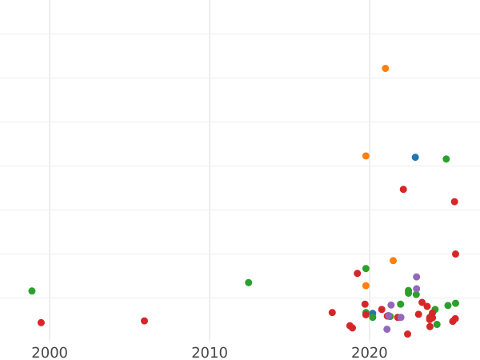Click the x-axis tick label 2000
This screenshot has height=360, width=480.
click(x=49, y=352)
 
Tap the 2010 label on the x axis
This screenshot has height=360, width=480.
click(x=209, y=352)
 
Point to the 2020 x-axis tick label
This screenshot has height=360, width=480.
click(x=369, y=352)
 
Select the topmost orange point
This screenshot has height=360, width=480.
click(x=385, y=69)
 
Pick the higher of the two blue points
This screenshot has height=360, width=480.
click(x=415, y=158)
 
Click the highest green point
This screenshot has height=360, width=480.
click(x=446, y=159)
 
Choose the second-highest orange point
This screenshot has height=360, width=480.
click(x=366, y=156)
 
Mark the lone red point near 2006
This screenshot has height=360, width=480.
click(x=144, y=321)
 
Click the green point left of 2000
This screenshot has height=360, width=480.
click(x=32, y=291)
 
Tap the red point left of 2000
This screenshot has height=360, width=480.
click(x=41, y=322)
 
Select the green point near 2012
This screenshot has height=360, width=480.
click(x=248, y=282)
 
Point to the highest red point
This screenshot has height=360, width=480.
click(x=403, y=190)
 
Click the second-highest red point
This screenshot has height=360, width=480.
click(x=454, y=202)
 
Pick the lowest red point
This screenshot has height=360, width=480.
click(x=407, y=334)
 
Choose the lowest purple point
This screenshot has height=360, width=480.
click(x=386, y=329)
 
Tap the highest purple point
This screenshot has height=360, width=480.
click(x=416, y=277)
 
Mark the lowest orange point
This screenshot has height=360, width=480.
click(x=366, y=286)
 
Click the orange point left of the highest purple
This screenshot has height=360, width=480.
click(x=393, y=261)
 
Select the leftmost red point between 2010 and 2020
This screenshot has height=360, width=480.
click(x=332, y=313)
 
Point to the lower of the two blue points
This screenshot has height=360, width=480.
click(x=373, y=314)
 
